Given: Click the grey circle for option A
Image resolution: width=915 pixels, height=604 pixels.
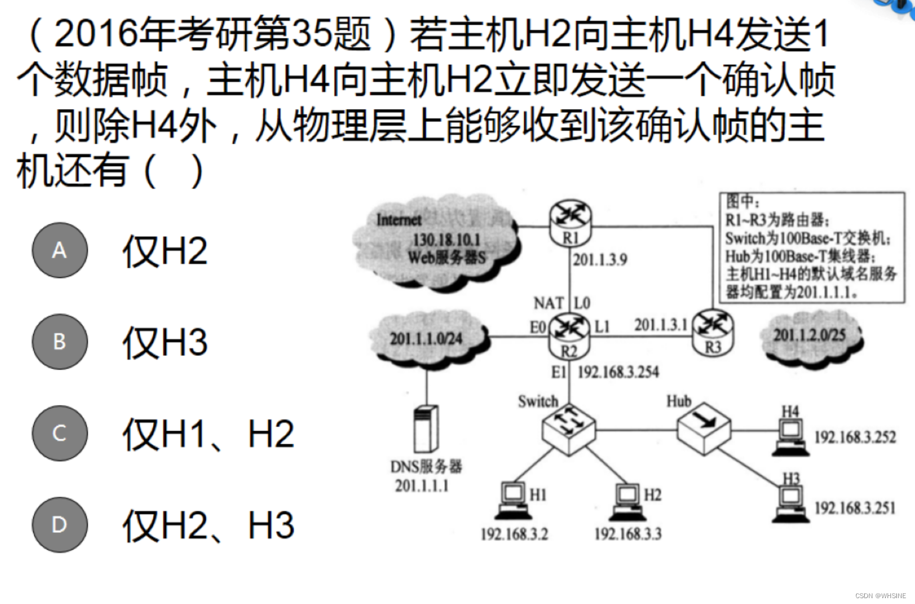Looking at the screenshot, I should click(x=60, y=250).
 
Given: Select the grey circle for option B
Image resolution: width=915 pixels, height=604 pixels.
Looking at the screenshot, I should click(x=60, y=341).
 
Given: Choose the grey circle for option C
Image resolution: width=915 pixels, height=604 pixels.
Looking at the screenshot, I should click(x=60, y=433).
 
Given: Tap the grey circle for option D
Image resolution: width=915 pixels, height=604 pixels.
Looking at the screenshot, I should click(x=60, y=525).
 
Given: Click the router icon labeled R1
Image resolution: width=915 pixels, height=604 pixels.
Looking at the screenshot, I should click(x=570, y=221).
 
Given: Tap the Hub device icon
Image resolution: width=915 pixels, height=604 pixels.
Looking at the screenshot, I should click(x=704, y=427).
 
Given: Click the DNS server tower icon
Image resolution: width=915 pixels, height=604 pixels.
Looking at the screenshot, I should click(x=426, y=428).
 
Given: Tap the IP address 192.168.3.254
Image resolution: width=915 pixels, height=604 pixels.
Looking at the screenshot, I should click(x=618, y=372).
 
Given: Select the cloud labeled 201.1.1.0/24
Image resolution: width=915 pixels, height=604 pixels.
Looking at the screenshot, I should click(x=427, y=338).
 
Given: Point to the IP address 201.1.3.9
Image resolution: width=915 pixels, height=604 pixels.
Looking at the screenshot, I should click(x=600, y=259).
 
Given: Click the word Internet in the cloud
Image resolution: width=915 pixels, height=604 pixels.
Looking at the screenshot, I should click(x=399, y=219).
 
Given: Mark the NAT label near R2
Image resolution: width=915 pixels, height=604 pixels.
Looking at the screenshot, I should click(x=548, y=303).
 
